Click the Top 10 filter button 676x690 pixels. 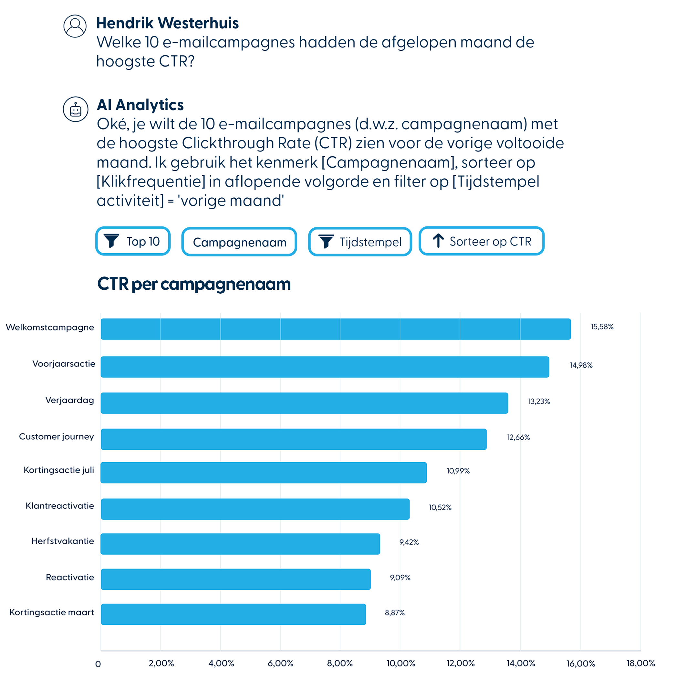point(133,241)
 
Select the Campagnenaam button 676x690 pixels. point(239,242)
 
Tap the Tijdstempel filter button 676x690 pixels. point(360,242)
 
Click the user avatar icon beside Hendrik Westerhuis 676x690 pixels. point(75,26)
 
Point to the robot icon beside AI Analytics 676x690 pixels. point(75,110)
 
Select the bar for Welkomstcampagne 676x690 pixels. point(336,329)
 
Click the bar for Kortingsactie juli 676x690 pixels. point(264,472)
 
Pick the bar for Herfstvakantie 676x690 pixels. point(240,544)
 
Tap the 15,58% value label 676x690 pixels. point(602,327)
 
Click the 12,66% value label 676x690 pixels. point(518,437)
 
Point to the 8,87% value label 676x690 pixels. point(394,612)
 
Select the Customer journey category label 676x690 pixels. point(57,436)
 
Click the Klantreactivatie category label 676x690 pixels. point(60,506)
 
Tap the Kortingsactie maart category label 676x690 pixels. point(51,612)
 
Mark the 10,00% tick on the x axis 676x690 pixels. point(400,663)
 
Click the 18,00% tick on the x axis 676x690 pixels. point(640,663)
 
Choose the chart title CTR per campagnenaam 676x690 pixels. point(194,284)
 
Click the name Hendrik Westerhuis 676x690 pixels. point(167,23)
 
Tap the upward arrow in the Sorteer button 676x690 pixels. point(438,241)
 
